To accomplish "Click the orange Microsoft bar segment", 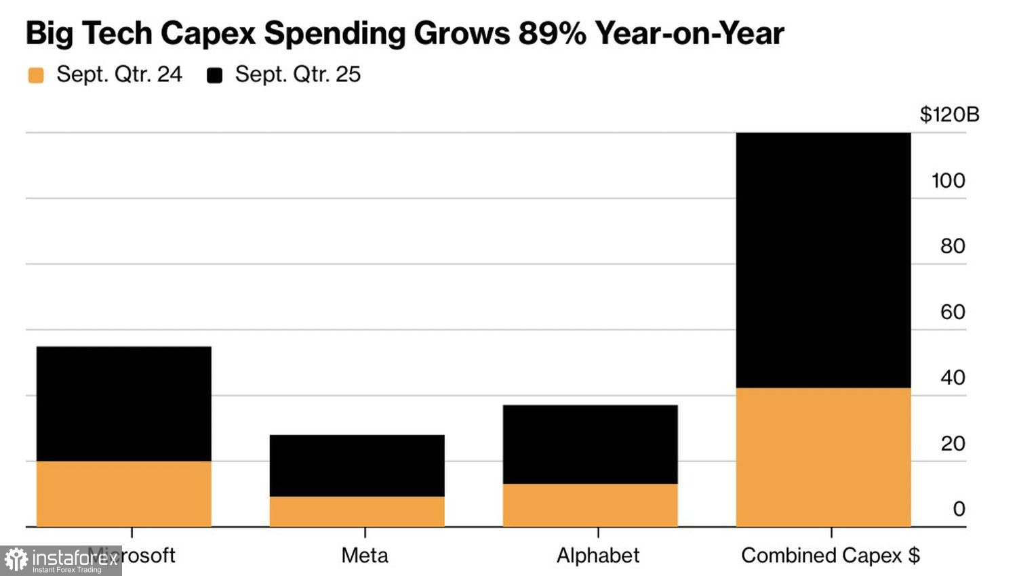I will [x=123, y=493].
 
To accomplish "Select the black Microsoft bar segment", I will [x=123, y=404].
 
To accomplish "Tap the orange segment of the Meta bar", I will [x=357, y=512].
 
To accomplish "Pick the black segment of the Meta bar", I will [x=357, y=466].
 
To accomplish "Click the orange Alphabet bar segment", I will [x=590, y=505].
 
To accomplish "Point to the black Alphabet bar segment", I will [x=590, y=445].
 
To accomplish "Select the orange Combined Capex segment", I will [x=823, y=457].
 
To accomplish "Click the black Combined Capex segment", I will [x=823, y=260].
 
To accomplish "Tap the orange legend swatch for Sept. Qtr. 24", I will [x=36, y=75].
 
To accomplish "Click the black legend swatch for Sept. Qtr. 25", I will [x=215, y=75].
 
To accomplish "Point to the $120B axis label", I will [x=949, y=115].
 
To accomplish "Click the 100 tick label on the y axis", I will [x=948, y=181].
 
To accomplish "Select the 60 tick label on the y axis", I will [x=953, y=312].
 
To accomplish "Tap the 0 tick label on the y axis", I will [x=959, y=509].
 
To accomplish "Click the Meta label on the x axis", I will [x=365, y=556].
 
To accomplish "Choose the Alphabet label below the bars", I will [x=598, y=556].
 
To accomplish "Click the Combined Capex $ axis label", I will [x=831, y=556].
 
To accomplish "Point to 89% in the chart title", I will [x=552, y=33].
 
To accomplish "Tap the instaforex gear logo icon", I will [x=16, y=560].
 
